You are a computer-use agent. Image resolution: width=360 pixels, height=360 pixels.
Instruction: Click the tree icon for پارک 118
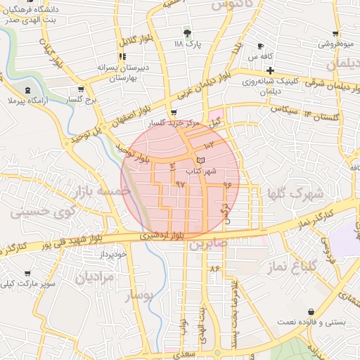pyautogui.click(x=187, y=32)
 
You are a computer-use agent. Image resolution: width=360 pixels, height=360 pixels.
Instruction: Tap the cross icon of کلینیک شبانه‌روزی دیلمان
pyautogui.click(x=270, y=70)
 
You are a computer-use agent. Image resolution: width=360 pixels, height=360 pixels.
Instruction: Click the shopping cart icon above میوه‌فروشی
pyautogui.click(x=336, y=33)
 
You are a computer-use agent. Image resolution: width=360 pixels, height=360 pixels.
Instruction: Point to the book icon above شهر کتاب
pyautogui.click(x=202, y=161)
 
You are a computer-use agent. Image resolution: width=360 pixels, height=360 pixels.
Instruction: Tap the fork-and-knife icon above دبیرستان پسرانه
pyautogui.click(x=122, y=56)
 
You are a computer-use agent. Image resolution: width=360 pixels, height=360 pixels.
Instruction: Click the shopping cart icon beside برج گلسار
pyautogui.click(x=81, y=89)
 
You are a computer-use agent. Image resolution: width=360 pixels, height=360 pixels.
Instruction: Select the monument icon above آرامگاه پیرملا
pyautogui.click(x=27, y=91)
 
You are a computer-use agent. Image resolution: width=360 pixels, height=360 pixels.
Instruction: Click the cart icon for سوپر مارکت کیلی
pyautogui.click(x=27, y=273)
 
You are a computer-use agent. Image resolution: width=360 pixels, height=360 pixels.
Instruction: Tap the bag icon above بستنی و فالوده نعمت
pyautogui.click(x=311, y=311)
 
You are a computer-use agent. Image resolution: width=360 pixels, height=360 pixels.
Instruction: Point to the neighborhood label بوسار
pyautogui.click(x=139, y=296)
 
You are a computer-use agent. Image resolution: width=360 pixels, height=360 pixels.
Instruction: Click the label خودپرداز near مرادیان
pyautogui.click(x=112, y=253)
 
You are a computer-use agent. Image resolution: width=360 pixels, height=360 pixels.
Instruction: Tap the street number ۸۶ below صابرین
pyautogui.click(x=214, y=269)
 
